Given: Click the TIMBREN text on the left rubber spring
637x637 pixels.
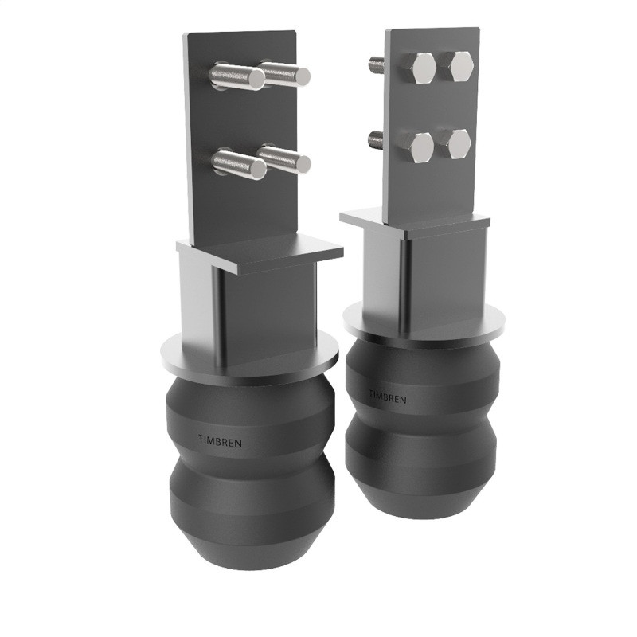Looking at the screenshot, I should [x=221, y=437].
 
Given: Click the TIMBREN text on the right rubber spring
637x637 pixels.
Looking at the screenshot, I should [x=387, y=396].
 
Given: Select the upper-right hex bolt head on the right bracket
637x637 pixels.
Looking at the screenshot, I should [x=459, y=65].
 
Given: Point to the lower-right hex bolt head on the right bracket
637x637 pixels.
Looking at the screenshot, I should [x=458, y=143].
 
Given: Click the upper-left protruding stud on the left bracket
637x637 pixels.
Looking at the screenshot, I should [x=237, y=77].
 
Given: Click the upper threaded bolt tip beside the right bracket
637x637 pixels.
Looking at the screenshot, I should [x=374, y=61].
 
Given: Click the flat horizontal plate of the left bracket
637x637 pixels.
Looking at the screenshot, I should [x=263, y=253].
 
